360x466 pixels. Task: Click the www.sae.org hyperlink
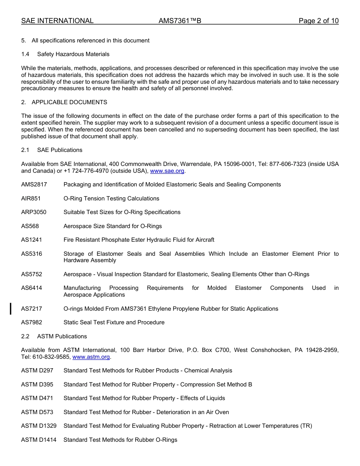pyautogui.click(x=167, y=171)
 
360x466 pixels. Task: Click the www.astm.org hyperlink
pyautogui.click(x=91, y=357)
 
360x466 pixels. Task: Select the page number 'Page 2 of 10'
pyautogui.click(x=318, y=21)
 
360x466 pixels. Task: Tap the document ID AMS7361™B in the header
pyautogui.click(x=180, y=21)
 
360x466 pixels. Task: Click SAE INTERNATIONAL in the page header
pyautogui.click(x=57, y=21)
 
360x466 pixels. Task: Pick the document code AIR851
pyautogui.click(x=31, y=199)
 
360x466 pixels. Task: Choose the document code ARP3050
pyautogui.click(x=34, y=212)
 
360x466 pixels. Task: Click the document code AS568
pyautogui.click(x=30, y=226)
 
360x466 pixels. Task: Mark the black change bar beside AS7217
pyautogui.click(x=11, y=308)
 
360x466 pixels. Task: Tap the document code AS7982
pyautogui.click(x=31, y=322)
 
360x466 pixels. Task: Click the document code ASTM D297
pyautogui.click(x=37, y=371)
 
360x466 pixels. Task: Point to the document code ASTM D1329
pyautogui.click(x=39, y=426)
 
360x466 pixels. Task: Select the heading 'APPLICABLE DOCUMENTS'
pyautogui.click(x=69, y=102)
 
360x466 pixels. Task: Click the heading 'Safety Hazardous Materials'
pyautogui.click(x=73, y=54)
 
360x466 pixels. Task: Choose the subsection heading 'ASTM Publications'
pyautogui.click(x=62, y=336)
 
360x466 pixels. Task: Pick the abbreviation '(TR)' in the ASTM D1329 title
pyautogui.click(x=306, y=426)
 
